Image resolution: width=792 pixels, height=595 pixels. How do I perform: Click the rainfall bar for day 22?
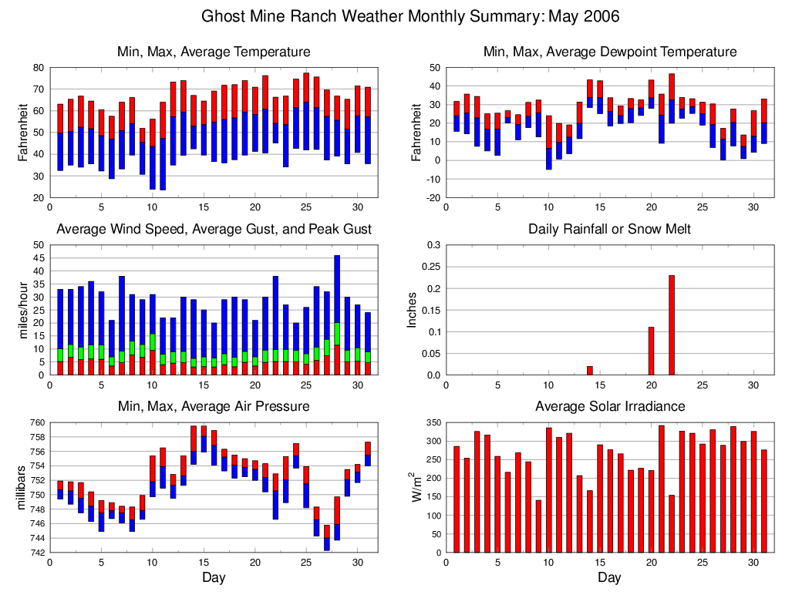pos(672,325)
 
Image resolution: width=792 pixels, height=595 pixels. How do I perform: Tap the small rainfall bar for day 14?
pos(590,371)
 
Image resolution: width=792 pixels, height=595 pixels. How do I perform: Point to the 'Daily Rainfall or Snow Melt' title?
pos(609,229)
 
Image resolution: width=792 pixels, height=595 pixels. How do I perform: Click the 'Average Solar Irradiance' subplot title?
pos(609,406)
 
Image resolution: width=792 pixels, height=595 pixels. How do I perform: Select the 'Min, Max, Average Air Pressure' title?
pos(214,406)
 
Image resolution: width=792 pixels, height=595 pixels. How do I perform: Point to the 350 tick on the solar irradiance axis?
pos(432,422)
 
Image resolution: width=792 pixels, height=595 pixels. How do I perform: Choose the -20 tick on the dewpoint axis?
pos(433,197)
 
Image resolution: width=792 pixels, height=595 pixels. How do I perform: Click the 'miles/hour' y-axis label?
pos(22,310)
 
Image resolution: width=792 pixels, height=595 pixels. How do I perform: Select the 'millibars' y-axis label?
pos(22,487)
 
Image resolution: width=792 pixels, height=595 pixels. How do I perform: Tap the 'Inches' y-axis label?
pos(412,310)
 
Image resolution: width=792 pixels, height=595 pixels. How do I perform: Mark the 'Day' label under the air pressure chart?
pos(214,577)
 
